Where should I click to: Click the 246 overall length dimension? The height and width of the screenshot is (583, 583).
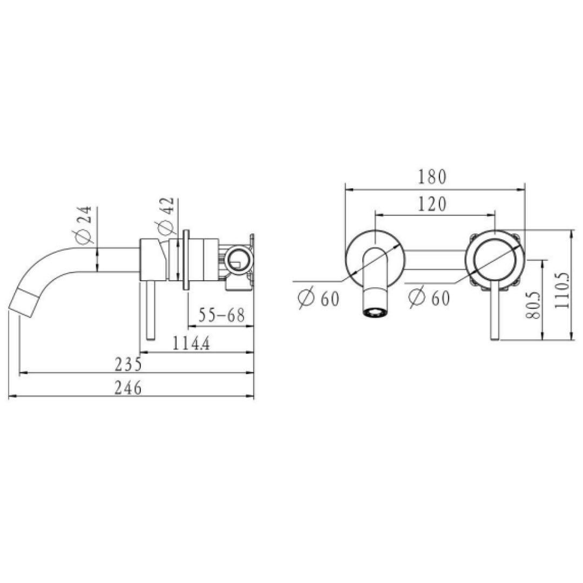tap(128, 388)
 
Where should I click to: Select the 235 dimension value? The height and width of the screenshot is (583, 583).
tap(128, 364)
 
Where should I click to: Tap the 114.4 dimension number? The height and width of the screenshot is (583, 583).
tap(191, 343)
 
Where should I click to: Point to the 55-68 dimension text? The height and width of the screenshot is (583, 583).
tap(222, 315)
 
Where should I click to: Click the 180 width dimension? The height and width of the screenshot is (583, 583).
tap(432, 177)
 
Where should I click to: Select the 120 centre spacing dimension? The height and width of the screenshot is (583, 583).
tap(432, 204)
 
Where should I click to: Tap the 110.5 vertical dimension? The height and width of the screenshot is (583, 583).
tap(561, 290)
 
